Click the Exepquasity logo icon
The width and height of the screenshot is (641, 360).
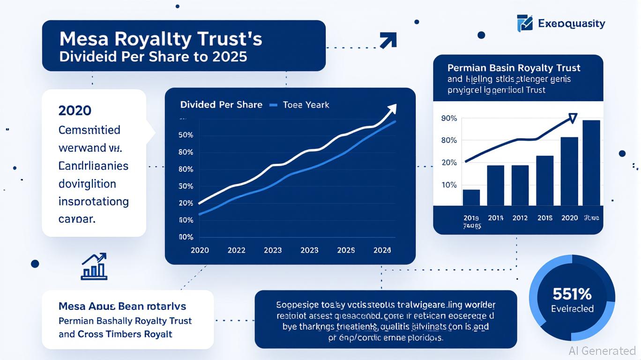525,23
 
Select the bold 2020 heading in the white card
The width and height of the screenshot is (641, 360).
75,111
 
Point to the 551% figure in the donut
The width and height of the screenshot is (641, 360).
572,294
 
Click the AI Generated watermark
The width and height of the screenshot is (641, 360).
602,351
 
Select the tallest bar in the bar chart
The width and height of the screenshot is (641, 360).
591,163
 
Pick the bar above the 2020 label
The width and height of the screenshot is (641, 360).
569,171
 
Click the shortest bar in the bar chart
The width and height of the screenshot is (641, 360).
471,197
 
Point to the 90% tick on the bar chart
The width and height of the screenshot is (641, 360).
449,118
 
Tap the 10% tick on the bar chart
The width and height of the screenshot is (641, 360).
449,185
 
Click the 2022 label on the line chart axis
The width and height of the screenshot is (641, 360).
236,250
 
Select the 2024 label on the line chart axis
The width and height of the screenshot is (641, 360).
382,250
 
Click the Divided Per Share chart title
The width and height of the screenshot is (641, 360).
221,105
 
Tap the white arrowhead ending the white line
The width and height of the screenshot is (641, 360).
392,109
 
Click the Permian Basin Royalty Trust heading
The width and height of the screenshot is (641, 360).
514,68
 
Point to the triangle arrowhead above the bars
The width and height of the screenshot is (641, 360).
572,118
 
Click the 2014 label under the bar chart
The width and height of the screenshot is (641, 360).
496,218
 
